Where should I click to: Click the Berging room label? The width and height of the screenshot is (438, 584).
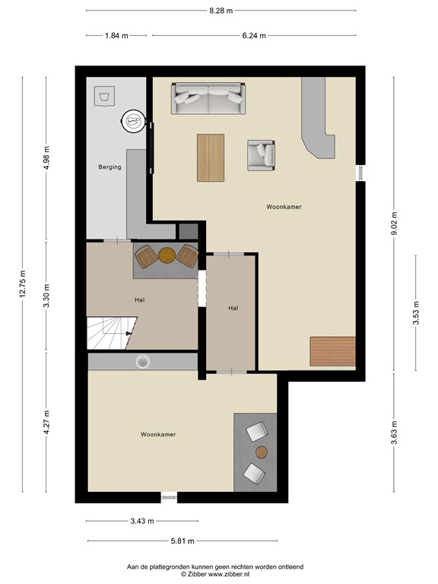[109, 167]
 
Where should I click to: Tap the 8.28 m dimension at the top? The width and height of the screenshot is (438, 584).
[221, 11]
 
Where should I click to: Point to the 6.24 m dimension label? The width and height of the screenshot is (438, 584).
[253, 35]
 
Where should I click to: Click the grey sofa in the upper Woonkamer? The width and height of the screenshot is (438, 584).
[208, 98]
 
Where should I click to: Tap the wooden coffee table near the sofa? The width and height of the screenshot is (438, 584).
[211, 157]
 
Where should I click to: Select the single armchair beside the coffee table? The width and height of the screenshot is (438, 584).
[260, 155]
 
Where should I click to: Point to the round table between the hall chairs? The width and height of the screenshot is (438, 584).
[167, 255]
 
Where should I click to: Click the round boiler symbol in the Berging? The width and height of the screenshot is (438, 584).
[134, 120]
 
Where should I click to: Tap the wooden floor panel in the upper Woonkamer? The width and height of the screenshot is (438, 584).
[332, 351]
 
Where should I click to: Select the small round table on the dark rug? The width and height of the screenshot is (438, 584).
[262, 452]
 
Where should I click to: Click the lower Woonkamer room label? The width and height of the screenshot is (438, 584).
[158, 434]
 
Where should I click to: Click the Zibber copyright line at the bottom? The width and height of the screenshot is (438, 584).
[215, 574]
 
